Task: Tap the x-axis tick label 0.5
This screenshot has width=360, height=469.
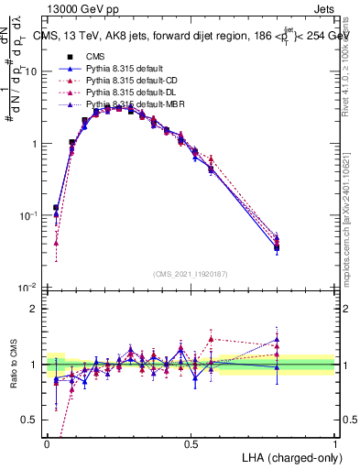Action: click(191, 444)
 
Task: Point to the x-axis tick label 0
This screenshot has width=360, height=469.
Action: click(47, 444)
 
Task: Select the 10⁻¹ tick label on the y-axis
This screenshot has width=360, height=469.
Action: click(29, 215)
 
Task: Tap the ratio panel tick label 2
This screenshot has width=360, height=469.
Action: click(35, 309)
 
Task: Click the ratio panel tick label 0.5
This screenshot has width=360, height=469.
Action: click(30, 420)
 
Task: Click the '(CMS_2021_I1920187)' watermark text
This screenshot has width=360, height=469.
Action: click(191, 274)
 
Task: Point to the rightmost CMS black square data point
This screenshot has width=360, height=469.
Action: click(277, 247)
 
